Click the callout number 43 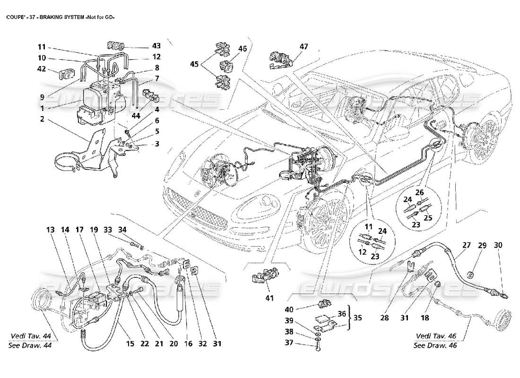[x=156, y=46]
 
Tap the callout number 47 [x=303, y=47]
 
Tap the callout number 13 [x=51, y=230]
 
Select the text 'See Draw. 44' [x=30, y=345]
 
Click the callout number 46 [x=243, y=48]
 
